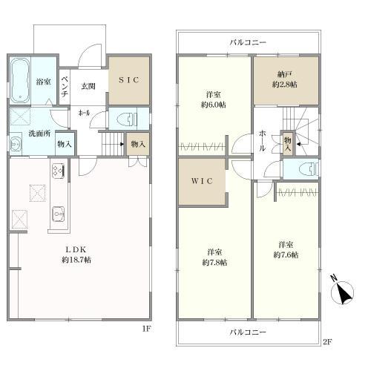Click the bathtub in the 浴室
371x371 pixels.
[x=20, y=81]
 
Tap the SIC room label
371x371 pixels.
[x=128, y=80]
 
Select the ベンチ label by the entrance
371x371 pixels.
[x=65, y=87]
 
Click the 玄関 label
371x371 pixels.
[x=88, y=86]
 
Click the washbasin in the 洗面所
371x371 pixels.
[x=16, y=143]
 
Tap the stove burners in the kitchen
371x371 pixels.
[x=59, y=170]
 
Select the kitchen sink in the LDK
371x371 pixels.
[x=59, y=214]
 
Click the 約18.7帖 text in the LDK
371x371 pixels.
[x=76, y=260]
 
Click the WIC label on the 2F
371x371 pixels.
[x=202, y=181]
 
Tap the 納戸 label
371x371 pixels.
[x=284, y=74]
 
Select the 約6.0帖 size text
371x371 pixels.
[x=213, y=105]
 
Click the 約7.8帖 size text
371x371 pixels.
[x=214, y=263]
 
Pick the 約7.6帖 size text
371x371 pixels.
[x=286, y=255]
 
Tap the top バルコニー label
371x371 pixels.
[x=248, y=42]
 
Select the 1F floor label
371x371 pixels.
[x=146, y=329]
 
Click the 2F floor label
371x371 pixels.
[x=327, y=342]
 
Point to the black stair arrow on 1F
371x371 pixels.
[x=122, y=144]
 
